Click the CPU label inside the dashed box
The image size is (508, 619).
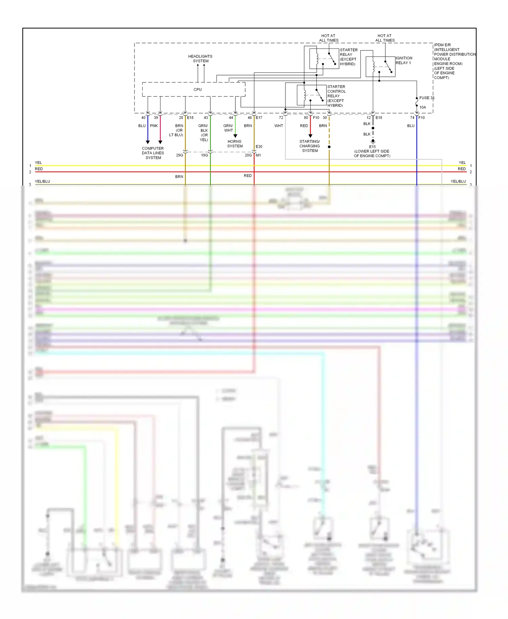tap(197, 90)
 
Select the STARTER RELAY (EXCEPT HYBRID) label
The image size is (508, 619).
tap(348, 57)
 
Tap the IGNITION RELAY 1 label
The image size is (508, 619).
tap(404, 60)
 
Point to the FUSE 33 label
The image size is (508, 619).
tap(426, 98)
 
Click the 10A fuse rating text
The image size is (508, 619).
tap(423, 107)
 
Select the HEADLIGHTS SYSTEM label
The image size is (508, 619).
tap(200, 59)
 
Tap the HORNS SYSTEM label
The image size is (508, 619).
tap(235, 144)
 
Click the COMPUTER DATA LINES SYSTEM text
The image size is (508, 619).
tap(153, 153)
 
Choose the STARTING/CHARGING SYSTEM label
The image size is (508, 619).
tap(310, 146)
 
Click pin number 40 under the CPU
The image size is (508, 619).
tap(143, 118)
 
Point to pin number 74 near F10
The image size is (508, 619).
tap(412, 118)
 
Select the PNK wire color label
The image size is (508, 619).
tap(154, 126)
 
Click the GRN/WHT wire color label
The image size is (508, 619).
tap(228, 128)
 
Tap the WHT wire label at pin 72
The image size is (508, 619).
tap(278, 126)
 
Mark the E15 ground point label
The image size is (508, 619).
tap(372, 147)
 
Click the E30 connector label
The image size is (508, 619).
tap(259, 147)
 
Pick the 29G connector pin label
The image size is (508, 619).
tap(179, 155)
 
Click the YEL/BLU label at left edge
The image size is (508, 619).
tap(42, 182)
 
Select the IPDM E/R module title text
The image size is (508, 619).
tap(442, 45)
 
